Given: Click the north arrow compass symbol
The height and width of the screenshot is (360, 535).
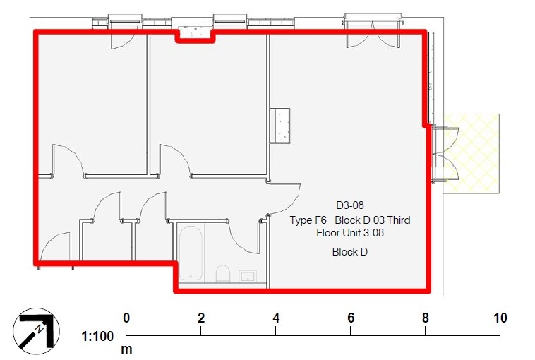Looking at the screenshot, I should pyautogui.click(x=33, y=329).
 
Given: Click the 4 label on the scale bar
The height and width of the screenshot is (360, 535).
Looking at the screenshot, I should pyautogui.click(x=276, y=318).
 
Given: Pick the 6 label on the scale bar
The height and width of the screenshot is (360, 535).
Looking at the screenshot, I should pyautogui.click(x=351, y=318).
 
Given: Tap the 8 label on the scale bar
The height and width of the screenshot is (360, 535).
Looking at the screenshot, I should pyautogui.click(x=426, y=318).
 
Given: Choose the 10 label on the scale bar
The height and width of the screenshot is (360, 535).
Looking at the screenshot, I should pyautogui.click(x=500, y=318).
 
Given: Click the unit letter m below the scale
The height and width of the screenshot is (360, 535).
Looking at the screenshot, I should pyautogui.click(x=127, y=349).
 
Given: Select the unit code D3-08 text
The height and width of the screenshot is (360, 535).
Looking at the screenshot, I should pyautogui.click(x=350, y=205).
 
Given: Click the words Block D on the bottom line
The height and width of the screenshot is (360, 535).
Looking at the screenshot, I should pyautogui.click(x=350, y=252).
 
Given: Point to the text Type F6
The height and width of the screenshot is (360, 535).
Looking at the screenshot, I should pyautogui.click(x=308, y=220).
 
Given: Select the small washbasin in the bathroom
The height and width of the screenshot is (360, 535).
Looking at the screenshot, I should pyautogui.click(x=247, y=275).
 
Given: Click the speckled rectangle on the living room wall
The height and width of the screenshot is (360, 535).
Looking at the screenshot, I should pyautogui.click(x=280, y=126).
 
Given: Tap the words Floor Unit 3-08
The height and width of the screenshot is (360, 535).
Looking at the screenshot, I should pyautogui.click(x=350, y=232).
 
